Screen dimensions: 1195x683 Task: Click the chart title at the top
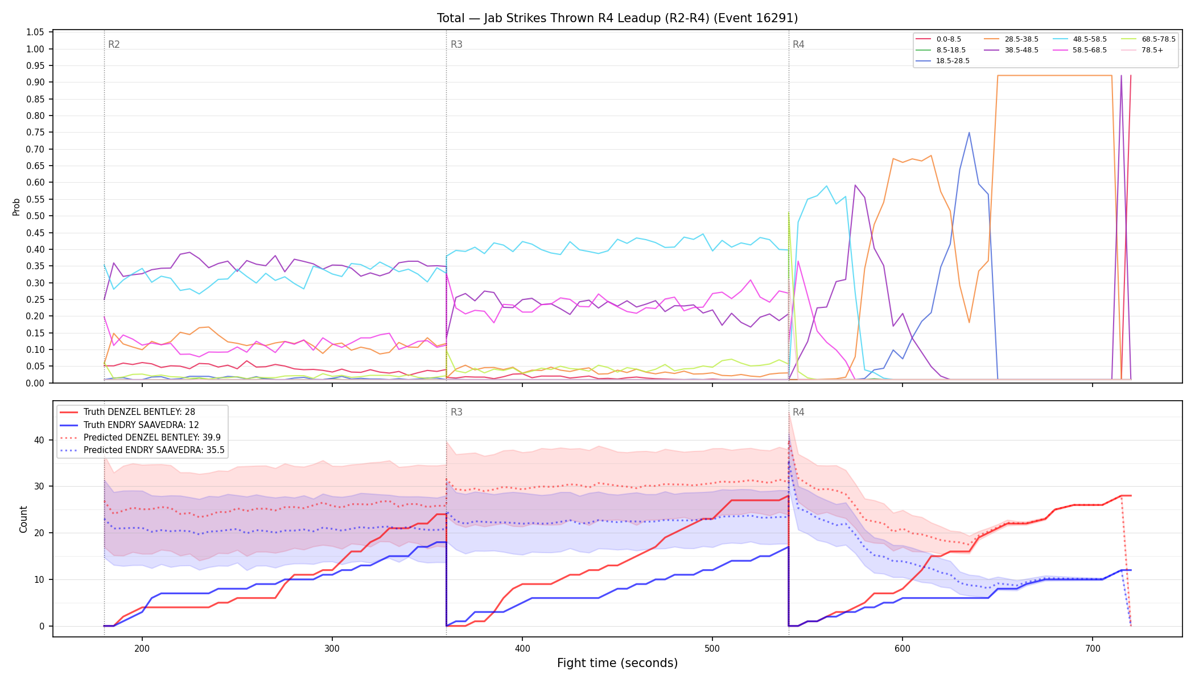coord(617,18)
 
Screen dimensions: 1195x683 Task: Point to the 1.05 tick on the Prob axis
coord(35,32)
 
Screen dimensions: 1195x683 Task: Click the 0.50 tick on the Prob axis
coord(35,216)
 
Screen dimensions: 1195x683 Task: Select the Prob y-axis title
coord(17,207)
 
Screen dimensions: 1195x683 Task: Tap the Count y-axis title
coord(23,519)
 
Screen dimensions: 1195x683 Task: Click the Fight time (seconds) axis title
coord(617,663)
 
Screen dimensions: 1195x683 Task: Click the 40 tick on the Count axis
coord(39,440)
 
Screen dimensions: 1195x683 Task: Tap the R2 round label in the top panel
coord(114,44)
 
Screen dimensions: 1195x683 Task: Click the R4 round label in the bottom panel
coord(798,412)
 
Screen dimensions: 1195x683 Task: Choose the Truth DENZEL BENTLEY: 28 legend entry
coord(139,412)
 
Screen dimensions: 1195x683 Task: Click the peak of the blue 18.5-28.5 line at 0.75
coord(969,133)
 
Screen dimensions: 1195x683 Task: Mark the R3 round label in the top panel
coord(456,44)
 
